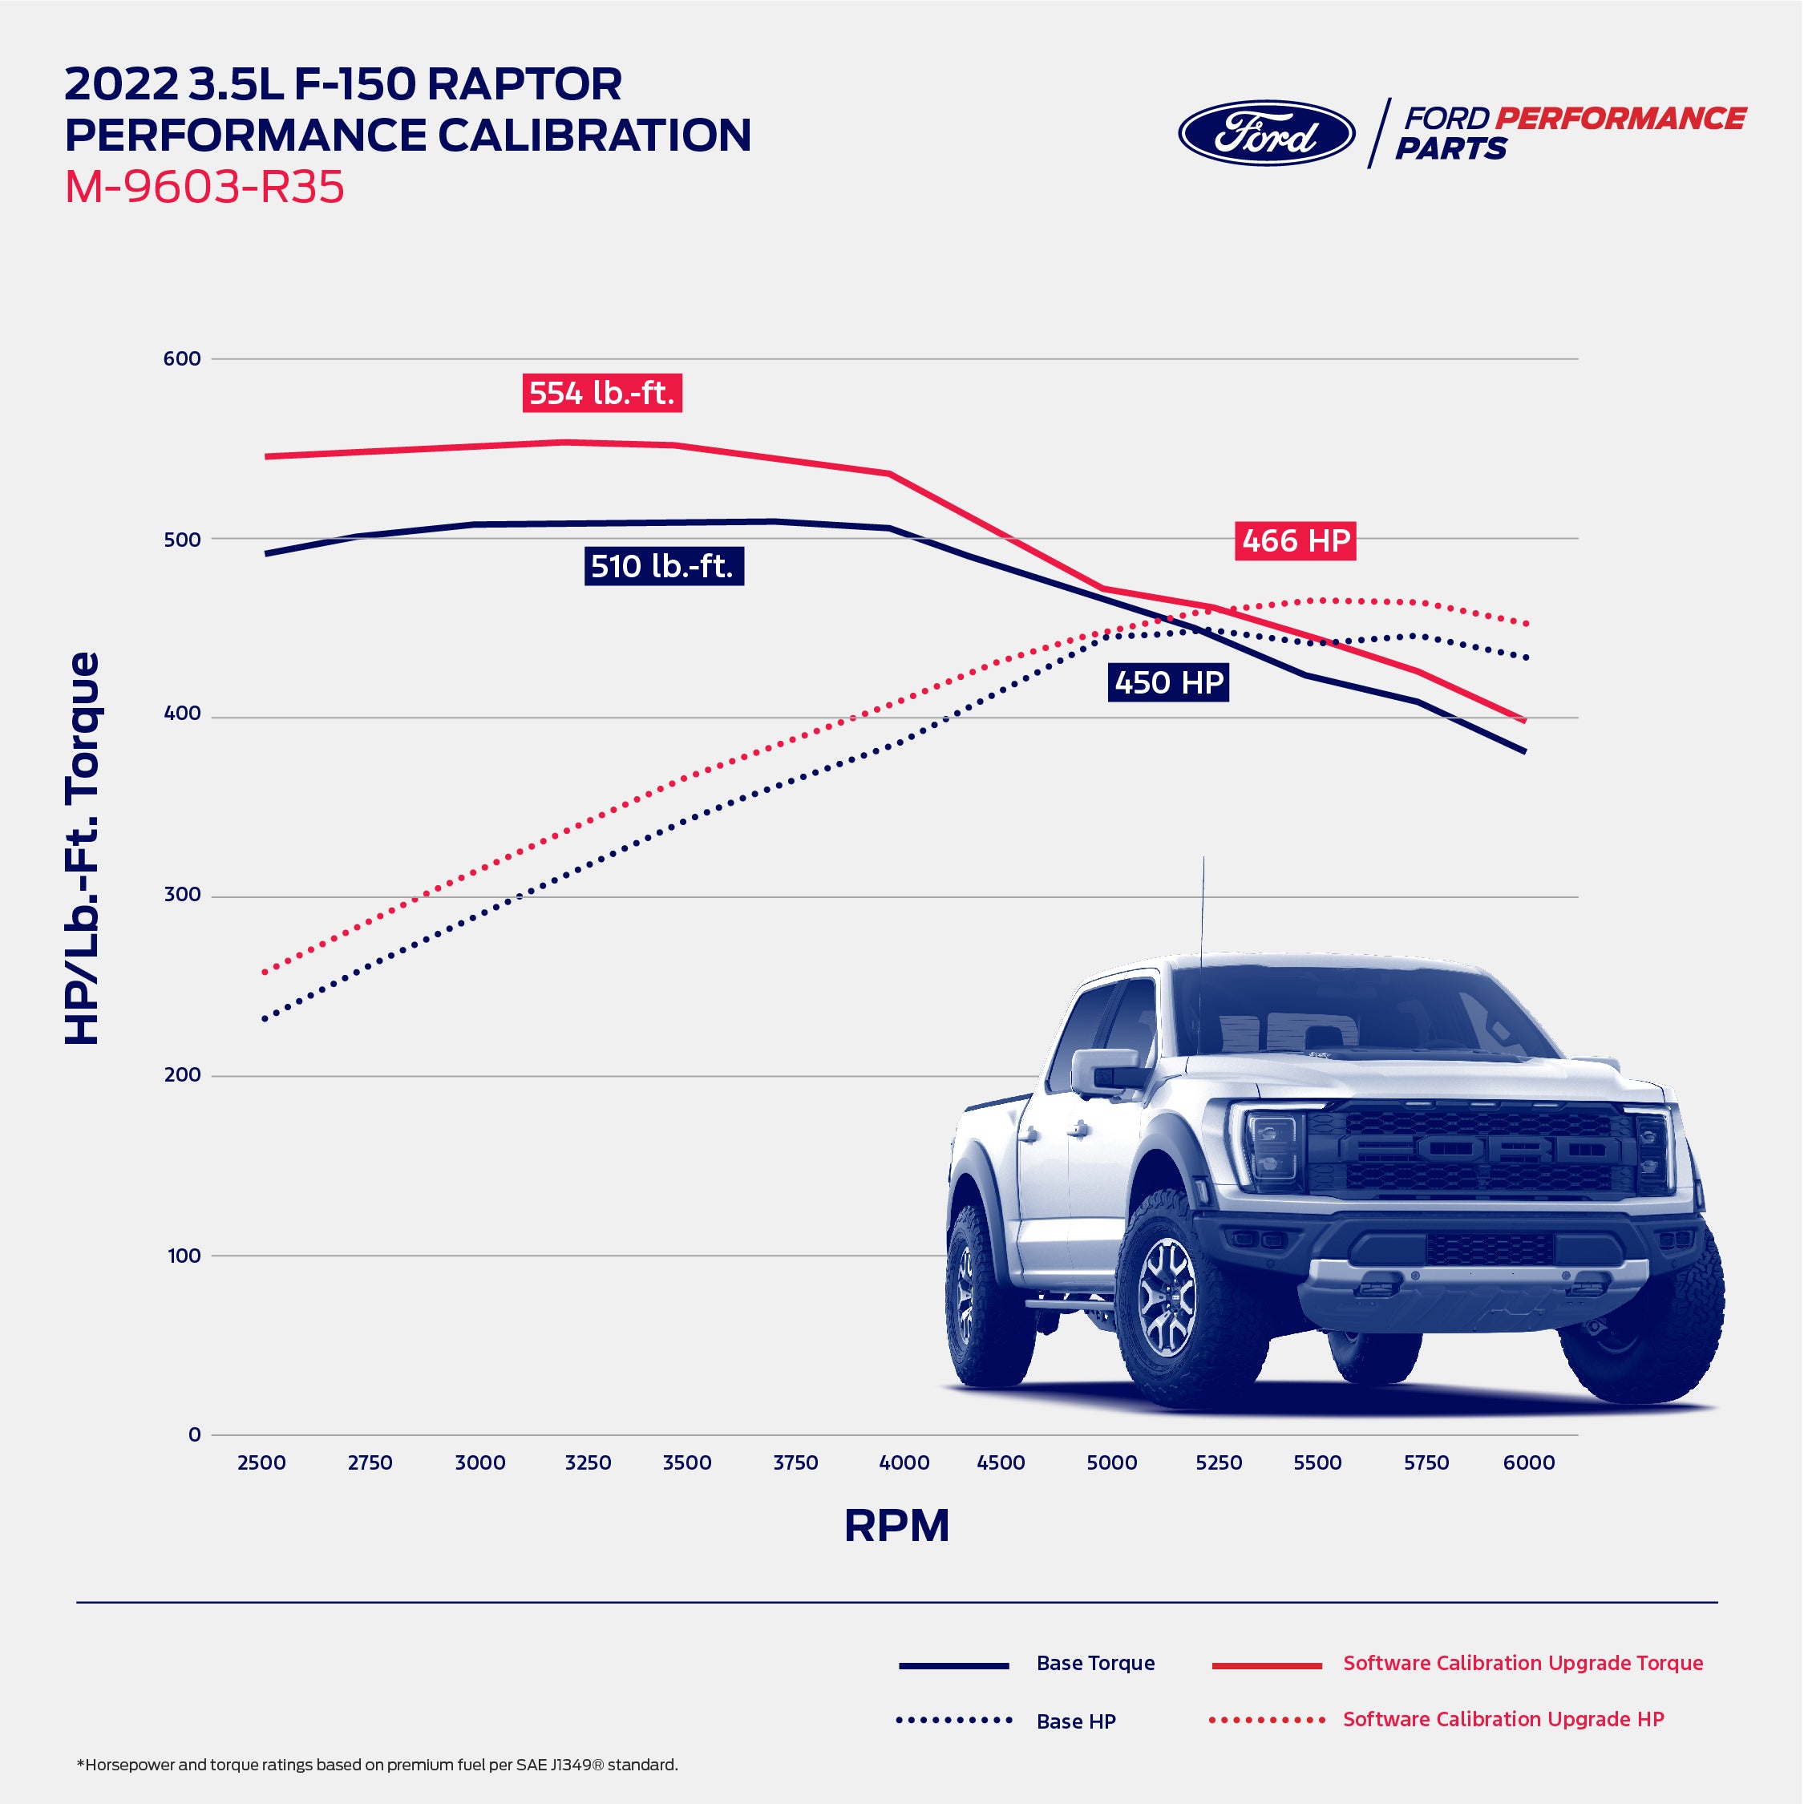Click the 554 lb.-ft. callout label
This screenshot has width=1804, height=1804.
click(601, 393)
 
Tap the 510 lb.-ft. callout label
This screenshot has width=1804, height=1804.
click(662, 566)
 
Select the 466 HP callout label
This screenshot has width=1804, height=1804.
click(1295, 540)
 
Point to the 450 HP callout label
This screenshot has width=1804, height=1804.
click(1168, 682)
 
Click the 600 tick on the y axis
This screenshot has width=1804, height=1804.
click(182, 358)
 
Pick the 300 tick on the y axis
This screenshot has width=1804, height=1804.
click(182, 895)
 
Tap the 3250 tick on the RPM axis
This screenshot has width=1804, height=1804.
click(588, 1462)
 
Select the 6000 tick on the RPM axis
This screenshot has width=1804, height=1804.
click(1527, 1462)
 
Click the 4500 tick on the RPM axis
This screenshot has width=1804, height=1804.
click(1000, 1462)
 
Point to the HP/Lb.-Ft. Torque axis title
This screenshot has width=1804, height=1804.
click(82, 847)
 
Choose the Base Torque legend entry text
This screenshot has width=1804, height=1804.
click(1095, 1663)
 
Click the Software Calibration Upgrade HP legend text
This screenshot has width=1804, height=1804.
click(1503, 1719)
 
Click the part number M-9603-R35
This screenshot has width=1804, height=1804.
click(204, 187)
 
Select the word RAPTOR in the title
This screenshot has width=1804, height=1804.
click(525, 85)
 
